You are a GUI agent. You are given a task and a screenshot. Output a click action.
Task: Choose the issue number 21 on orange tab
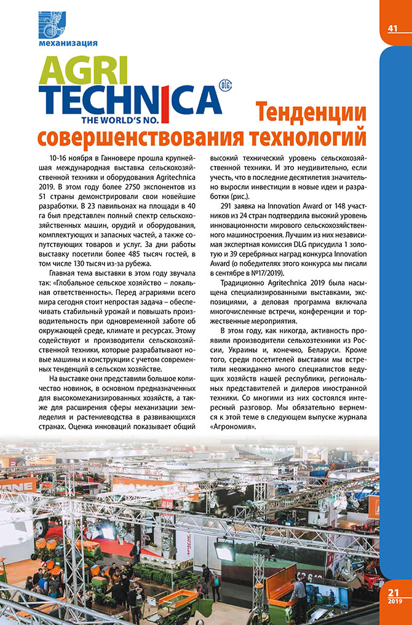click(394, 592)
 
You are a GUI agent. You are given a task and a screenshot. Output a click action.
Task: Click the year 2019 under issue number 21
click(394, 602)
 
